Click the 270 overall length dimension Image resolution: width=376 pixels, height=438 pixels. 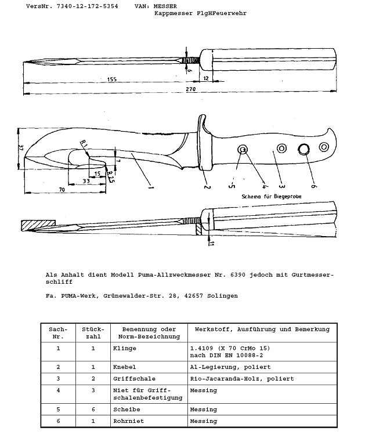[x=191, y=89]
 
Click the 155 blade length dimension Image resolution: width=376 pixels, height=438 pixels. [x=112, y=79]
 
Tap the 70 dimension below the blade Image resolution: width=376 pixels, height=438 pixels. [x=62, y=190]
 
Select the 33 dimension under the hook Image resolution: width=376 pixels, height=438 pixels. [x=86, y=181]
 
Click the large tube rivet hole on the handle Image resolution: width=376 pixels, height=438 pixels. [x=303, y=149]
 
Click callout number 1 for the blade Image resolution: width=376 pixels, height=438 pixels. [x=150, y=187]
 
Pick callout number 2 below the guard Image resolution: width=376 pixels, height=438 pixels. [x=207, y=187]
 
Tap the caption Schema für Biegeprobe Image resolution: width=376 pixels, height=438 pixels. [x=272, y=196]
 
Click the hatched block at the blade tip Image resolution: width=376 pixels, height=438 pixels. [x=38, y=225]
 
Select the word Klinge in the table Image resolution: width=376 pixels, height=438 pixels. [x=124, y=348]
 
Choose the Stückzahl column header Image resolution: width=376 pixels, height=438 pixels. [x=93, y=333]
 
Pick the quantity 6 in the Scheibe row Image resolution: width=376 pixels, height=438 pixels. [x=93, y=409]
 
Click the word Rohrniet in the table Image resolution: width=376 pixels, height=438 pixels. [x=128, y=421]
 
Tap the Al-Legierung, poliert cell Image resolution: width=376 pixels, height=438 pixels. [x=230, y=367]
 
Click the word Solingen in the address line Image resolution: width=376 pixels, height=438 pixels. [x=222, y=296]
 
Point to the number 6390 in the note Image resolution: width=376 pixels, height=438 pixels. [x=238, y=275]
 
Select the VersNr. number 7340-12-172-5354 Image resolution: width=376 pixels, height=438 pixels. [x=88, y=6]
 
